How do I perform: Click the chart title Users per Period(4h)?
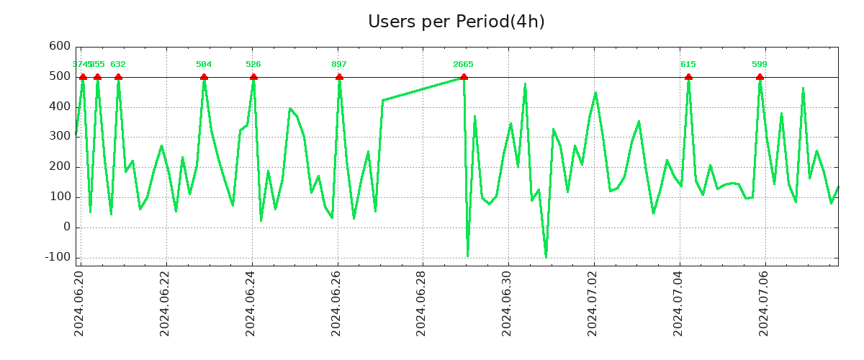click(x=456, y=22)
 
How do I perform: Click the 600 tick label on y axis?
click(x=60, y=47)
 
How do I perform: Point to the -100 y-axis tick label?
click(x=57, y=257)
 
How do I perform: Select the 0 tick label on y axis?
click(x=66, y=227)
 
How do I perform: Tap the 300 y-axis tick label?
click(x=60, y=137)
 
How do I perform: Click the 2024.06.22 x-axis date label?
click(x=165, y=303)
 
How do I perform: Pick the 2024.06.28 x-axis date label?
click(x=422, y=303)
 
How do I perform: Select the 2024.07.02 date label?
click(x=593, y=303)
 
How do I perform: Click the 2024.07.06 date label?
click(x=765, y=303)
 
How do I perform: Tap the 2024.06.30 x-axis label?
click(x=508, y=303)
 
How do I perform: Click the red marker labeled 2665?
click(x=464, y=77)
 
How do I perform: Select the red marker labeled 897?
click(x=339, y=77)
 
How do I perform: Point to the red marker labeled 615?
click(x=688, y=77)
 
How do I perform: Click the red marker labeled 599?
click(x=760, y=77)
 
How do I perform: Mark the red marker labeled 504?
click(x=204, y=77)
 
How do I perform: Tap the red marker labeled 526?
click(x=253, y=77)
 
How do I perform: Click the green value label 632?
click(x=118, y=65)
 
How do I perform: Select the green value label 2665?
click(x=464, y=65)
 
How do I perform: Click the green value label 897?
click(x=339, y=65)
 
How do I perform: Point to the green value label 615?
click(x=688, y=65)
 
